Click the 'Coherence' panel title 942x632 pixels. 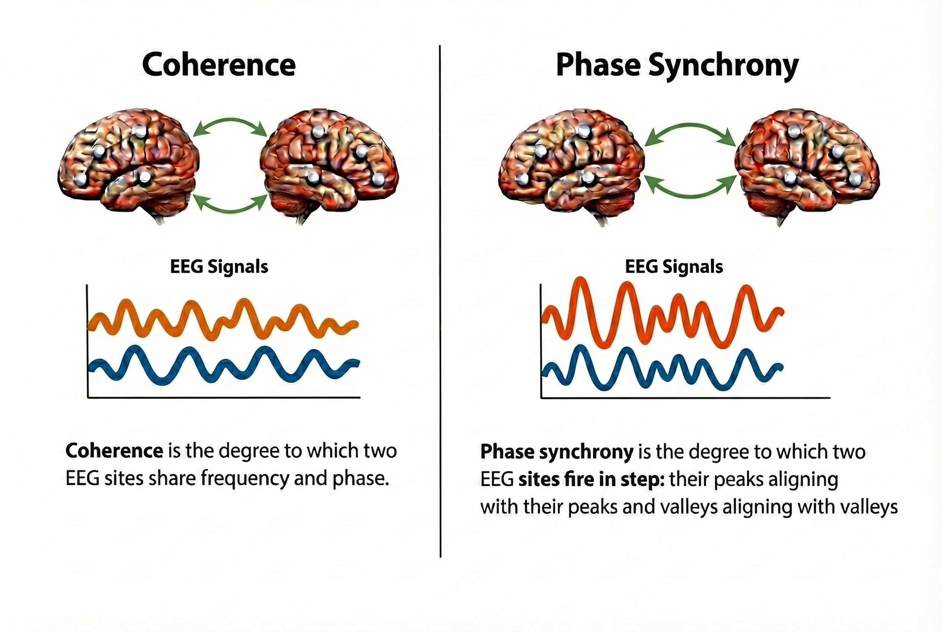click(219, 65)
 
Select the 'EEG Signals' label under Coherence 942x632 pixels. click(219, 267)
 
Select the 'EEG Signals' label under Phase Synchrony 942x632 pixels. click(674, 267)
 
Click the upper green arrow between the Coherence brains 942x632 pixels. click(230, 120)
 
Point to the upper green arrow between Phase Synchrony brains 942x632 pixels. click(690, 126)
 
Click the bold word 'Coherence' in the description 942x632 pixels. click(114, 451)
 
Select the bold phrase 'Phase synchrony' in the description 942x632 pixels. click(557, 452)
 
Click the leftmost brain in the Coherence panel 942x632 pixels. click(128, 163)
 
